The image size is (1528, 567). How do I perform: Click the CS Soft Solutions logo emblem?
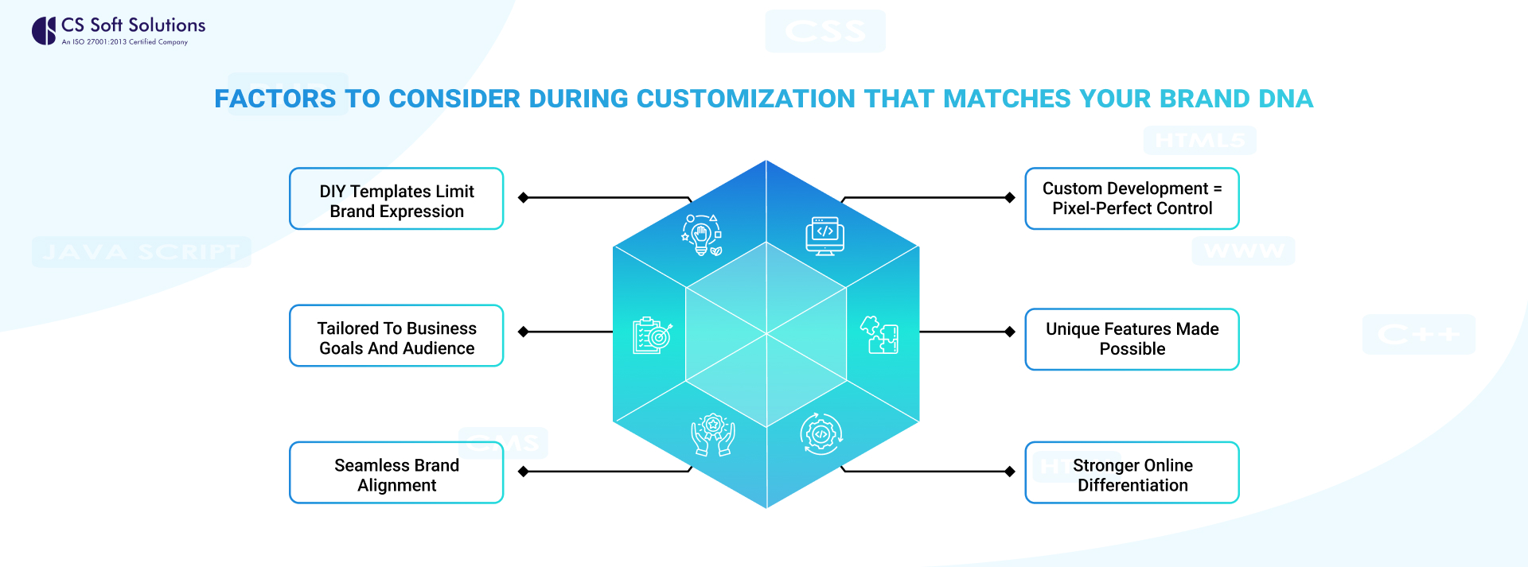44,31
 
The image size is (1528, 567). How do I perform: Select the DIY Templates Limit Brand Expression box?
396,199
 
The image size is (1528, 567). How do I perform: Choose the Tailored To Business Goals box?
396,336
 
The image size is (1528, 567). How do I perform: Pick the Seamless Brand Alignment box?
396,473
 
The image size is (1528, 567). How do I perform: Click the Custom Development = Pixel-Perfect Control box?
1132,199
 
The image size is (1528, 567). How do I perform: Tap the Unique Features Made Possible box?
1132,340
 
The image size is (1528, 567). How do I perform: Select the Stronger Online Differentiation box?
1132,473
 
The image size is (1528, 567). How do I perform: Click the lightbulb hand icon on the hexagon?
702,235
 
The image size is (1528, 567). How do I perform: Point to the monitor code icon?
824,235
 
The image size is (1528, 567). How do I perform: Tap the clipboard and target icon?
652,336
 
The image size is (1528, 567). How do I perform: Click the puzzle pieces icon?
880,335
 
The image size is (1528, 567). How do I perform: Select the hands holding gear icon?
712,434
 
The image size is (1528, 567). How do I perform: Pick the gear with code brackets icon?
821,434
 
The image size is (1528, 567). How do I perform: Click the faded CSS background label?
825,31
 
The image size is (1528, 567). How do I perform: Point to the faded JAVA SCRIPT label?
142,252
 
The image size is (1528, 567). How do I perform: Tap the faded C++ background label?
1418,334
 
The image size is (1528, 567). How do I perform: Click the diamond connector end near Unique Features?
1010,332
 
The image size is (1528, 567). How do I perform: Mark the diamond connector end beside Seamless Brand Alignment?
523,472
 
